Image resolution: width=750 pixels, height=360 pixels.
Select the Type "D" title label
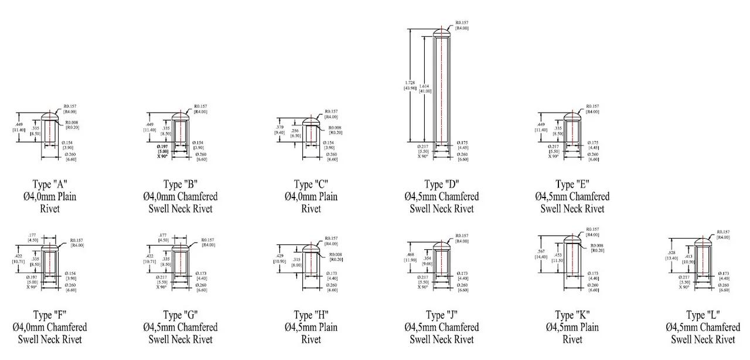(x=441, y=184)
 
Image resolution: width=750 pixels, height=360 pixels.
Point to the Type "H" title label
(x=311, y=315)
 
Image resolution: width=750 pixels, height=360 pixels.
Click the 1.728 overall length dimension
(x=410, y=84)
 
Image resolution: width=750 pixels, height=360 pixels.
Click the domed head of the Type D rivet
(x=441, y=33)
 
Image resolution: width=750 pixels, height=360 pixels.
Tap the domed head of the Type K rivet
(x=572, y=239)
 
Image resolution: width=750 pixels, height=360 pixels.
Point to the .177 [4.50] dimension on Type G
(x=164, y=236)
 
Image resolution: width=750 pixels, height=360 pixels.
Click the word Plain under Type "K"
(x=587, y=327)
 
